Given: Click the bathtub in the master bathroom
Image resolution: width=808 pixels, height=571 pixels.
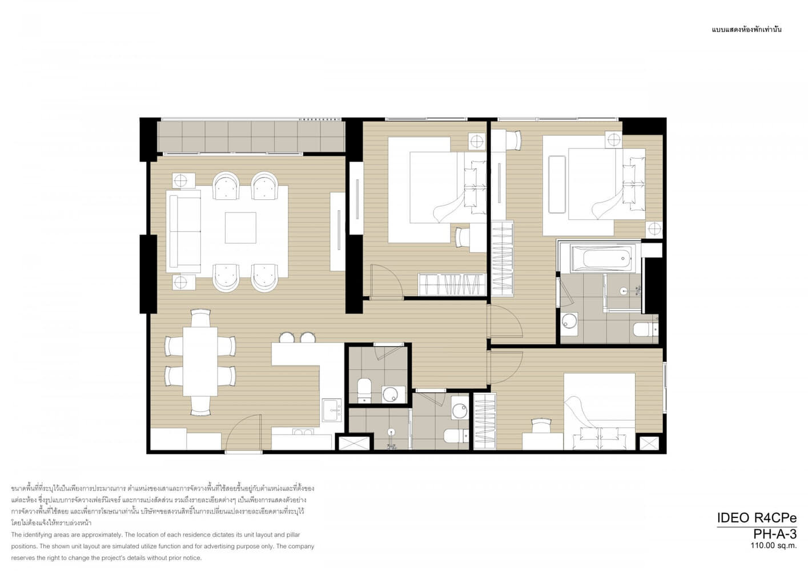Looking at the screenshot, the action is coord(604,258).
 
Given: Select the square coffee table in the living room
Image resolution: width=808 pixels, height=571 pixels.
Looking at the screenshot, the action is coord(240,228).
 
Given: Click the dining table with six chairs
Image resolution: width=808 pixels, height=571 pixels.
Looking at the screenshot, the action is coord(200,361).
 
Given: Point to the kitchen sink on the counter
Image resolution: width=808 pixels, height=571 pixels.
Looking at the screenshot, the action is coord(332,410).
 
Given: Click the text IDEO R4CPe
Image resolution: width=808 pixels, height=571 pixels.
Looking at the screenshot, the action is coord(757,518).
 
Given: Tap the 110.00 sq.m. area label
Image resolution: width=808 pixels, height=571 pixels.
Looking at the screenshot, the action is coord(773,546).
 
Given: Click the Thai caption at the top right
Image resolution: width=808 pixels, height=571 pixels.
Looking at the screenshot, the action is coord(747,30).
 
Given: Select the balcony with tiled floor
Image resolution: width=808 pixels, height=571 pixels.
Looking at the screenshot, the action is coord(251,136).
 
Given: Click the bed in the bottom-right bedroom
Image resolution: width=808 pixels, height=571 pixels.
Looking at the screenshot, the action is coord(599,412).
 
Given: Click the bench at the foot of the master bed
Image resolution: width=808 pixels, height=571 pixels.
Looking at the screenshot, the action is coord(557,184).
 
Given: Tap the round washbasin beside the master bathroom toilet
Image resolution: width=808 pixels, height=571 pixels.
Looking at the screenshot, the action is coord(569,321).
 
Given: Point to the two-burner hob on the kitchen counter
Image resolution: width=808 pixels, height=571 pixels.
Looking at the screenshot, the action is coord(303,432).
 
